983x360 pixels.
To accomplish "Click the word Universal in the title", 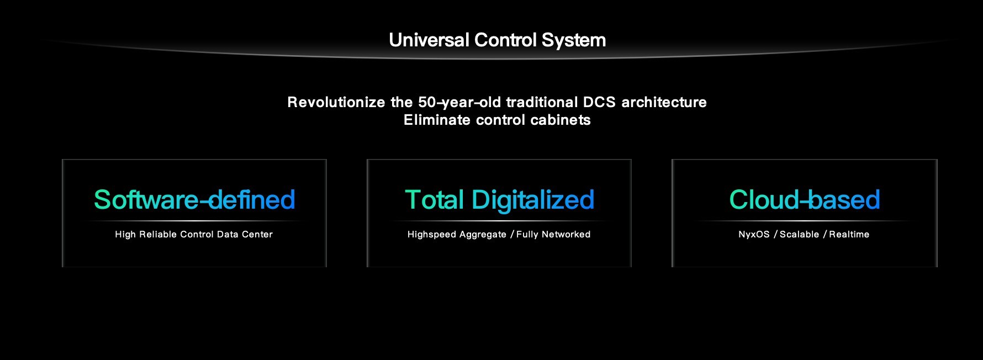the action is (x=429, y=40).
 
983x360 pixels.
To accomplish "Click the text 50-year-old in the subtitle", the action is (x=459, y=103).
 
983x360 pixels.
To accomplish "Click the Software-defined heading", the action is (x=194, y=199).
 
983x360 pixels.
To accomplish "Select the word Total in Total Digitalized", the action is (x=434, y=199).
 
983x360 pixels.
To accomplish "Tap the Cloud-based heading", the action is (x=805, y=199).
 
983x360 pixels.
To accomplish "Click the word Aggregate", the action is (x=482, y=235).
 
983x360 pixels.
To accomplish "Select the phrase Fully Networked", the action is (x=553, y=235).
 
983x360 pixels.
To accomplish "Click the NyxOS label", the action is (x=754, y=235).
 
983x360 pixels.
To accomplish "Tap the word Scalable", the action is (x=799, y=234).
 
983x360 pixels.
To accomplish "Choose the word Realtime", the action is (x=849, y=234).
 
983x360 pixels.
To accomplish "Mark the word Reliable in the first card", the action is (x=158, y=234).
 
